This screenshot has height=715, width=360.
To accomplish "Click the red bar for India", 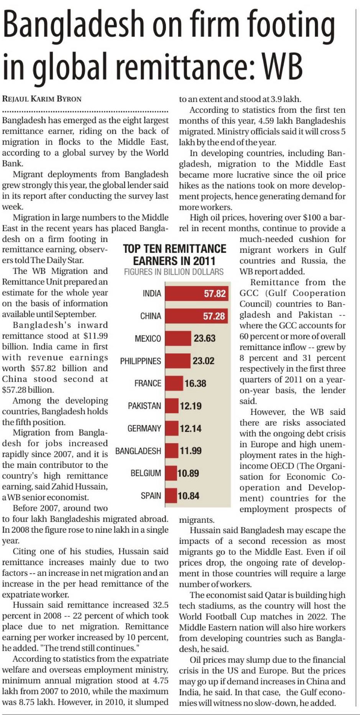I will point(197,293).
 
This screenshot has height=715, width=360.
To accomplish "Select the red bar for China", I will point(197,316).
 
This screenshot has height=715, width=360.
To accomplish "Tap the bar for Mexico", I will point(178,338).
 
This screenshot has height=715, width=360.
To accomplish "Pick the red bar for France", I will point(174,383).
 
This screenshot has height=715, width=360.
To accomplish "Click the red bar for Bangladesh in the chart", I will point(172,451).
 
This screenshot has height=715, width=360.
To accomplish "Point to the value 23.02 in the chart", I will point(203,361).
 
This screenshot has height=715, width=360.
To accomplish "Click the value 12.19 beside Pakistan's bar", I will point(191,406).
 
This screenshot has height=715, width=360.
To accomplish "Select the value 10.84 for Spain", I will point(189,496).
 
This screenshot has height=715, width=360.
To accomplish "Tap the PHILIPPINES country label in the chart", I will point(140,361).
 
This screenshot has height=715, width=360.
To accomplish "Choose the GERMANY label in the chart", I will point(144,428).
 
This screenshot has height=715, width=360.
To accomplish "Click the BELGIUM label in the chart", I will point(146,473).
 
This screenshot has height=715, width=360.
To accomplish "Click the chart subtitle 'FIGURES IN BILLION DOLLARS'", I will point(174,272).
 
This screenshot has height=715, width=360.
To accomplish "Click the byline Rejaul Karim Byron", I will point(42,99).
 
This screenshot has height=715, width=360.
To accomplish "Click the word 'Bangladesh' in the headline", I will point(73,24).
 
